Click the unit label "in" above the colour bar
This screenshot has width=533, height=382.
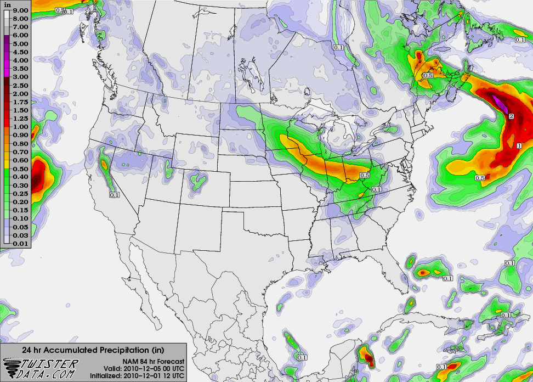click(x=8, y=3)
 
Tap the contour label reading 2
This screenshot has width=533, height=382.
click(x=511, y=116)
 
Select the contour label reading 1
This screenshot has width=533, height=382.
click(x=519, y=145)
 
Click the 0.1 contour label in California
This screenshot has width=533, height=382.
click(x=114, y=195)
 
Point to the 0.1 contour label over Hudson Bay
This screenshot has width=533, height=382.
click(x=338, y=48)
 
